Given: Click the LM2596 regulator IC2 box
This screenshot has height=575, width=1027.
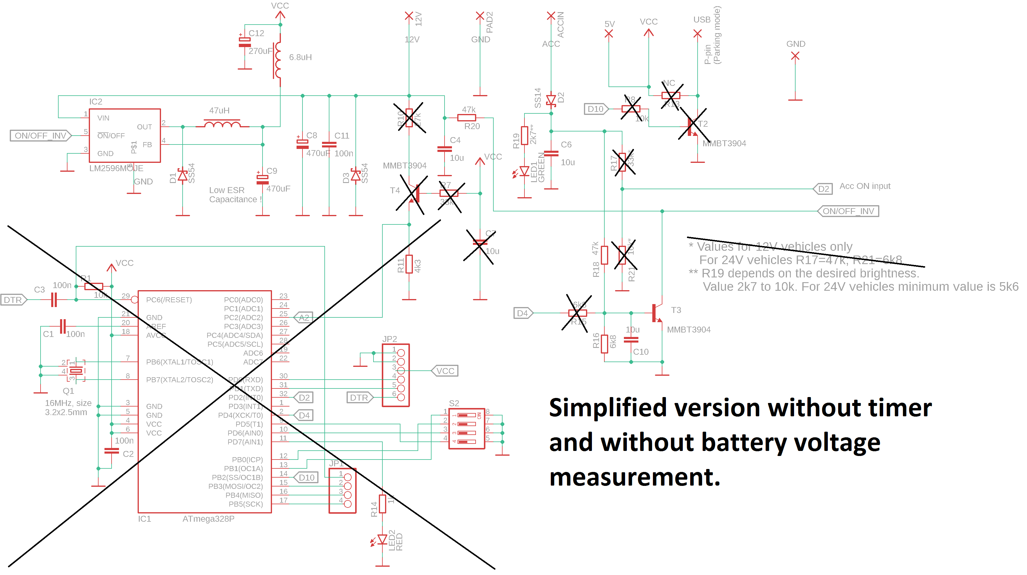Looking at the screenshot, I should tap(125, 136).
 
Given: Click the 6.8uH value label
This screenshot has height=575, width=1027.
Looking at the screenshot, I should tap(300, 57).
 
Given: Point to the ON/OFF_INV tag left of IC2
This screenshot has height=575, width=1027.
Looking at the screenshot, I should tap(40, 136).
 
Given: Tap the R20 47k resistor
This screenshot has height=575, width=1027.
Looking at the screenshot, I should tap(466, 118).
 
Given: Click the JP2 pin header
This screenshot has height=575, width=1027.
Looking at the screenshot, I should tap(395, 375).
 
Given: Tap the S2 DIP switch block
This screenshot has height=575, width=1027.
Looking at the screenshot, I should tap(466, 429).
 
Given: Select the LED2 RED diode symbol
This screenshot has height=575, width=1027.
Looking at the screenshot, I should tap(382, 539).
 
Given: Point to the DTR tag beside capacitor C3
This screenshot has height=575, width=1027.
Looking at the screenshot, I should tap(13, 300).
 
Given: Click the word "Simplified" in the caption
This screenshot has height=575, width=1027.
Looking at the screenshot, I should tap(608, 408).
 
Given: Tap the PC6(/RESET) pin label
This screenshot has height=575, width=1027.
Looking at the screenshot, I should tap(169, 300).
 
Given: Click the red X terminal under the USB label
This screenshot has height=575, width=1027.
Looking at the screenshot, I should tap(697, 34).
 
